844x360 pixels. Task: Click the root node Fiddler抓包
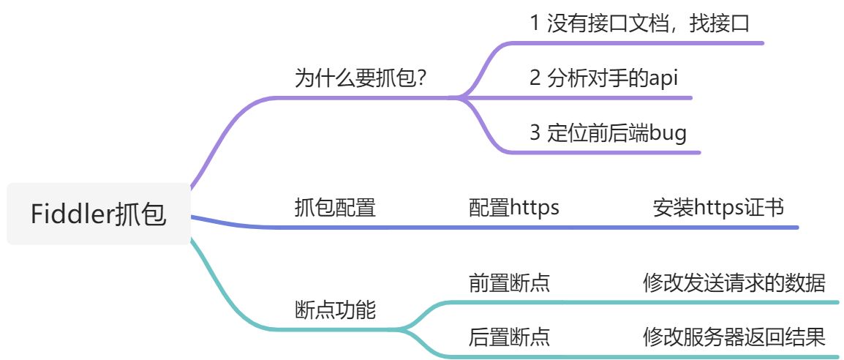(99, 214)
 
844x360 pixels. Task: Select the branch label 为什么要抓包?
(361, 79)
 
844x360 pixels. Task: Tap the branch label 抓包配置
(335, 207)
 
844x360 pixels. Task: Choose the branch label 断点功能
(335, 310)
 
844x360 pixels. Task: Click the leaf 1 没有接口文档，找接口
(639, 23)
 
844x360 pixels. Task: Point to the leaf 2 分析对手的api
(603, 78)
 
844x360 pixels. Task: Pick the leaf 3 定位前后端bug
(608, 133)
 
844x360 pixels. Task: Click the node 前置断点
(509, 282)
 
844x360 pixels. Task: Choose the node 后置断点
(509, 337)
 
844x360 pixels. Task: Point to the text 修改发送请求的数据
(734, 282)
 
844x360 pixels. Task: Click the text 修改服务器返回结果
(734, 337)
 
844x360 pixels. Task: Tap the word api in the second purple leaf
(663, 79)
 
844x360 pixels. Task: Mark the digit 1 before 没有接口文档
(535, 24)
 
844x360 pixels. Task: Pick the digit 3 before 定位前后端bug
(535, 133)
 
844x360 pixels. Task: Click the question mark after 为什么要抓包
(422, 79)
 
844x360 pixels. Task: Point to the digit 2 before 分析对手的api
(535, 78)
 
